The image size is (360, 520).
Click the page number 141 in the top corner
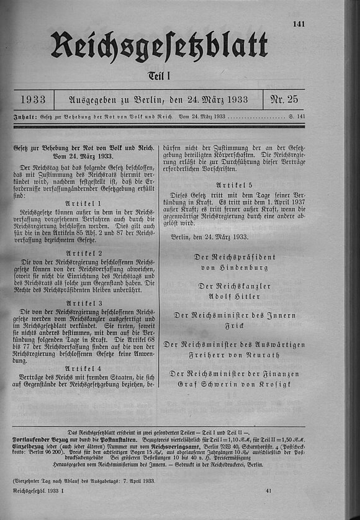(299, 24)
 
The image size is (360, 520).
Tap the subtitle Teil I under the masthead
(160, 76)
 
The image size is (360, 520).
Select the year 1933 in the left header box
(32, 99)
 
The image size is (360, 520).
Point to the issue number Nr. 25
(285, 99)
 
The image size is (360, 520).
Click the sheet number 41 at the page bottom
(268, 491)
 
